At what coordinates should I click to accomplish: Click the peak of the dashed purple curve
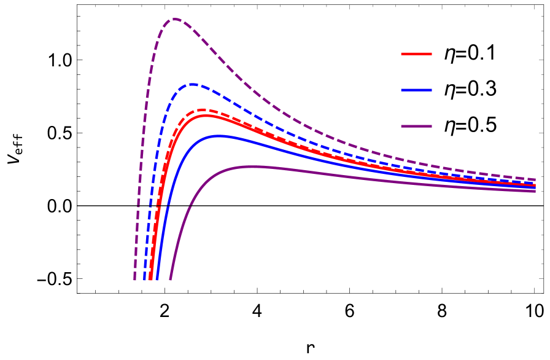click(175, 19)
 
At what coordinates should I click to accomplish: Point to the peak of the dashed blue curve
click(193, 84)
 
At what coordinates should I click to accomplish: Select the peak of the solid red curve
click(206, 115)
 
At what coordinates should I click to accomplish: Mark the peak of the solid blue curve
click(219, 136)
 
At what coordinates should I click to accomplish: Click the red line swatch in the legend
click(416, 54)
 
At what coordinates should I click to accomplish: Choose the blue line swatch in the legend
click(416, 90)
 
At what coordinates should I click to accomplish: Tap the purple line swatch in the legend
click(416, 127)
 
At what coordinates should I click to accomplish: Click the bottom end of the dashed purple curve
click(134, 280)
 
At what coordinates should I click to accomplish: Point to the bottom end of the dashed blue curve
click(145, 280)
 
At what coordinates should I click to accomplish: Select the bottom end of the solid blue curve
click(157, 280)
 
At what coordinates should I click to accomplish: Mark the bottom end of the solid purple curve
click(170, 280)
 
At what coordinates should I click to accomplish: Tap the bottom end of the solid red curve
click(151, 280)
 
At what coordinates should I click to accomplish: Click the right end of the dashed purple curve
click(535, 179)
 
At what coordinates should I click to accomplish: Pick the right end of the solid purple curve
click(535, 191)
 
